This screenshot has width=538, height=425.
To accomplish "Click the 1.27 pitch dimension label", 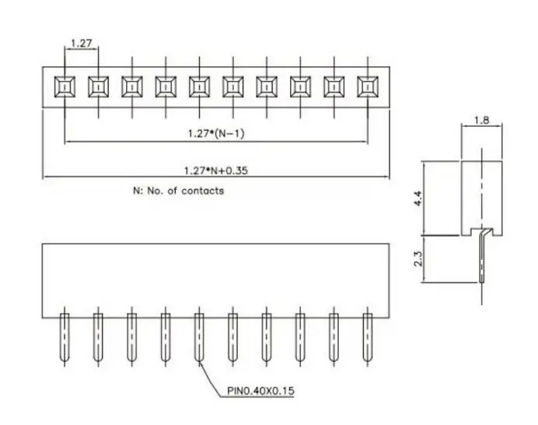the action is tap(82, 44).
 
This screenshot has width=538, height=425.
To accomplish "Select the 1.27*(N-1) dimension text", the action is tap(216, 133).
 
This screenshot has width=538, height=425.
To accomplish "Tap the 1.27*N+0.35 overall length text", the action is tap(216, 170).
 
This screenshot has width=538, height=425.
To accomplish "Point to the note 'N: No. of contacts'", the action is tap(178, 191).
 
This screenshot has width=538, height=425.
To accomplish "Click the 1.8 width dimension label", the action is tap(482, 120).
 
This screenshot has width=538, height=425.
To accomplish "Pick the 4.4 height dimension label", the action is tap(418, 198).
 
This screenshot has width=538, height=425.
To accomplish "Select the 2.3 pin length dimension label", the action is tap(418, 258).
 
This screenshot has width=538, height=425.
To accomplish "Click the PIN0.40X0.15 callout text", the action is tap(260, 391).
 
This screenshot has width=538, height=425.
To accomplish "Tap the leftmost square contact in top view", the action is tap(65, 86).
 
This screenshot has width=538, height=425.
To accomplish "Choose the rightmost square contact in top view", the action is tap(368, 86).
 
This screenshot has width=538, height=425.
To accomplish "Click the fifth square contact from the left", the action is tap(199, 86).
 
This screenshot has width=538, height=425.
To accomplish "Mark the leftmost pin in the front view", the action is tap(65, 337).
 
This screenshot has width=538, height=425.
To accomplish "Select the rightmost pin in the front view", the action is tap(368, 337).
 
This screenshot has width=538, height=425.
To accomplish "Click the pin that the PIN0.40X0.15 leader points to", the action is tap(199, 337).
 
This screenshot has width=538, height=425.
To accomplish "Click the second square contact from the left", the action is tap(99, 86).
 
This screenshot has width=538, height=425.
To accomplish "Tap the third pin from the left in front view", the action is tap(131, 337).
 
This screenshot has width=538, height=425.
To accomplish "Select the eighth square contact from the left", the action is tap(300, 86).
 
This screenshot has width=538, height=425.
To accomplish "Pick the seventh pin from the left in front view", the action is tap(267, 337).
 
